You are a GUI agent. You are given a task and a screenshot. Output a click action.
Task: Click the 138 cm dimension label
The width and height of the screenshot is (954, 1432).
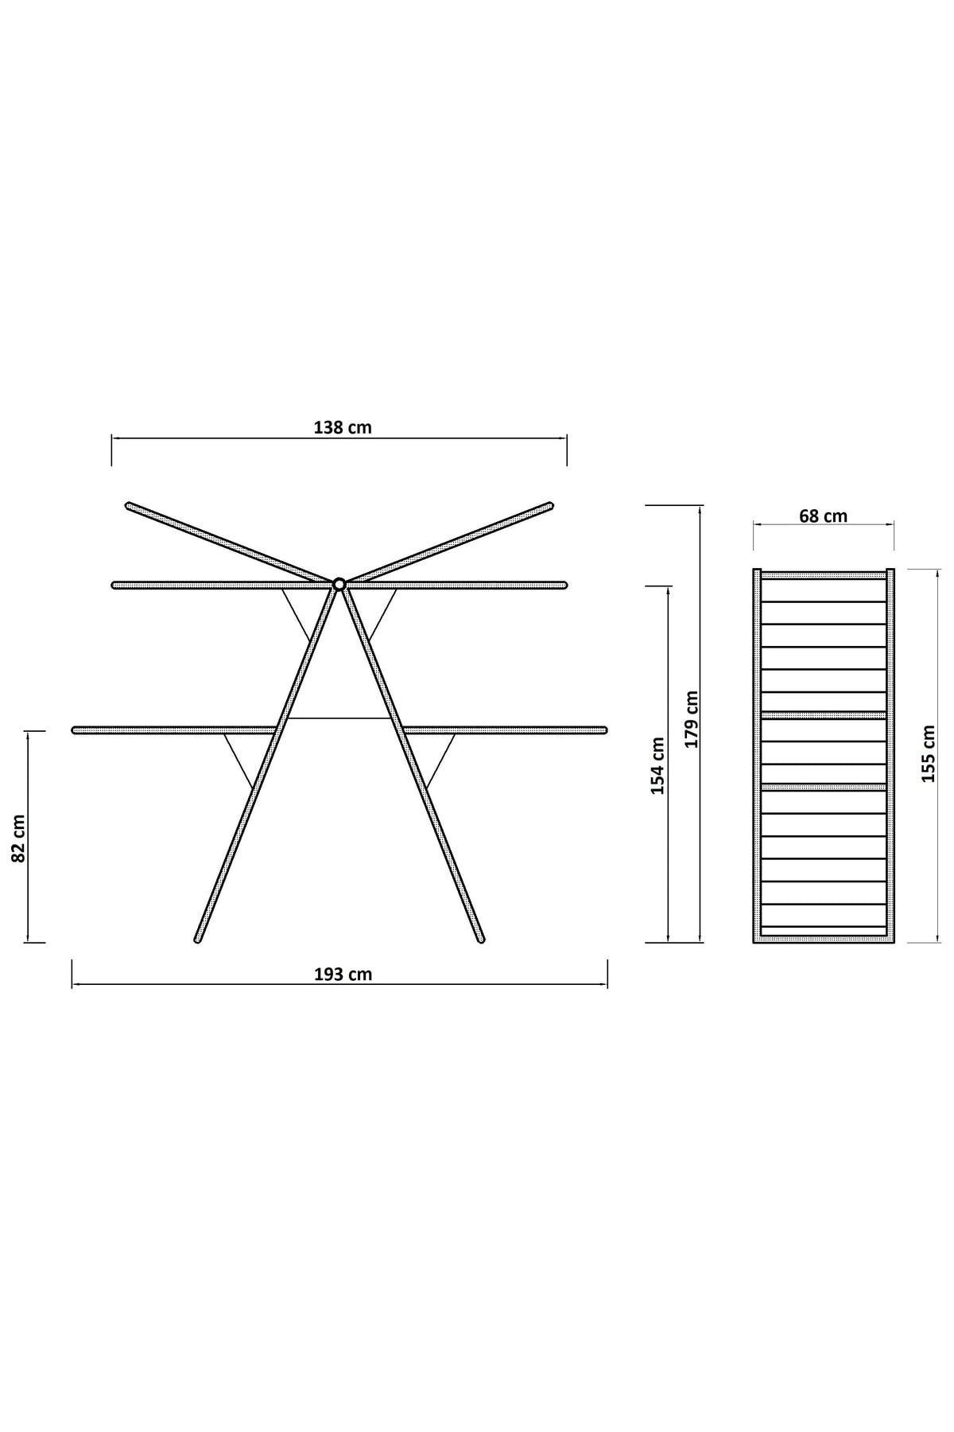point(343,427)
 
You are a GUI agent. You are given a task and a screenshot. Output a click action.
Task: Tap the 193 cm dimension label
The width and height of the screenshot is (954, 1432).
point(343,975)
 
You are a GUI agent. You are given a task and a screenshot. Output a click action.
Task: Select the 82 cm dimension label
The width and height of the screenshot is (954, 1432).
point(19,839)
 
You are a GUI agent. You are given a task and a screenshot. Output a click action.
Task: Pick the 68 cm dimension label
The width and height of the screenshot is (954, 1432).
point(823,516)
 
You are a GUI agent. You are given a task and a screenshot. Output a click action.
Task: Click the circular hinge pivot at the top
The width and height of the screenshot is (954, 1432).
point(339,584)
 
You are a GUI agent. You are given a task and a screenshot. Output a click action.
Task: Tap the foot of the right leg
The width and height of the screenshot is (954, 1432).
point(480,940)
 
